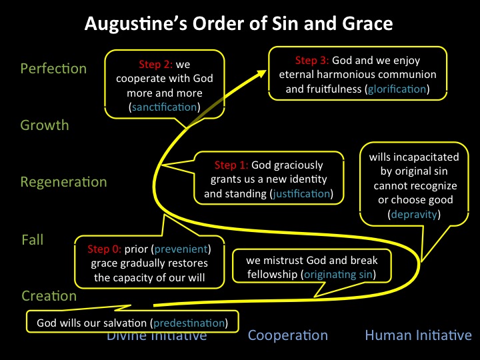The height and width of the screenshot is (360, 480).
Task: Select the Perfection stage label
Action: [x=53, y=69]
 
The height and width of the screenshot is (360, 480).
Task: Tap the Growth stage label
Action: [x=45, y=125]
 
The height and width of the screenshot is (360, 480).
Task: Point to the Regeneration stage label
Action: [x=64, y=182]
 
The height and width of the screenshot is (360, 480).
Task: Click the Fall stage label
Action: [x=33, y=239]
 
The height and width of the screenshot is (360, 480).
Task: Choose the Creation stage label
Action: [x=49, y=296]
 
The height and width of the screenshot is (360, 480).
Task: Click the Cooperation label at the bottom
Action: [x=288, y=335]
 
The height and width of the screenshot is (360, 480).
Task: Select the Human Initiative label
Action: [x=418, y=335]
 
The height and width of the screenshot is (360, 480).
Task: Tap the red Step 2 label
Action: [x=156, y=65]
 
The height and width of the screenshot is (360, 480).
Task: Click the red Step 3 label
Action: [x=312, y=61]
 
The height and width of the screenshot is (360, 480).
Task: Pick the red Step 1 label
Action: [x=231, y=165]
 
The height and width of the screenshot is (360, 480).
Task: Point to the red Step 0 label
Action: [x=105, y=249]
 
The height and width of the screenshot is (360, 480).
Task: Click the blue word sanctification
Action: [x=165, y=107]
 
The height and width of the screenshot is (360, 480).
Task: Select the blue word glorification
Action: [x=397, y=89]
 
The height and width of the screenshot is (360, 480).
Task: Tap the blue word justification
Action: [x=301, y=194]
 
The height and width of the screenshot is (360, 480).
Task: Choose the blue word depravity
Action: [x=414, y=214]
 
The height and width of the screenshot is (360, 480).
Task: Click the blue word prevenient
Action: [x=181, y=249]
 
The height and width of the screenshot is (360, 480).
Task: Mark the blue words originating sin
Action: [x=338, y=275]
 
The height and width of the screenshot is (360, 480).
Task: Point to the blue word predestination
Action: [x=189, y=323]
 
